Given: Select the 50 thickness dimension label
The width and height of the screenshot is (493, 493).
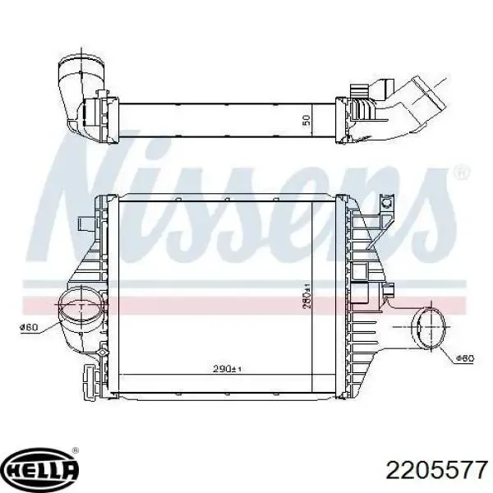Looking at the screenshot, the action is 306,121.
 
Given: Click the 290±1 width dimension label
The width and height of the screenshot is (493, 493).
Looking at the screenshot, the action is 227,368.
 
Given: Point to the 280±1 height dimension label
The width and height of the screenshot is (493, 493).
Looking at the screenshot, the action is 306,296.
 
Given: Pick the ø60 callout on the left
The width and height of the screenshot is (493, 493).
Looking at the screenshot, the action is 30,327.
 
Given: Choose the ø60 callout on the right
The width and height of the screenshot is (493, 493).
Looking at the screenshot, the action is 464,358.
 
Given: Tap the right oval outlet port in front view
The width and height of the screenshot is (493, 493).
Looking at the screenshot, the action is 429,327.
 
